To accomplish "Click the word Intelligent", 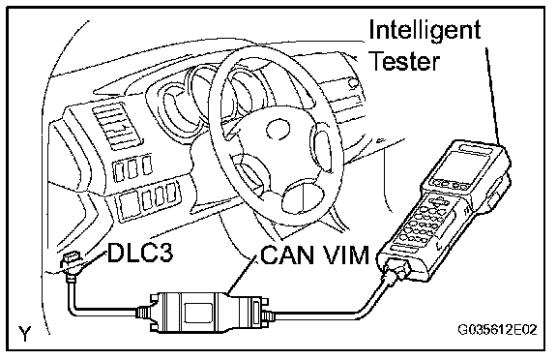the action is [x=425, y=31].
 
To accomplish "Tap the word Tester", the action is [x=405, y=60].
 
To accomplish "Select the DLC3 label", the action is [x=140, y=253].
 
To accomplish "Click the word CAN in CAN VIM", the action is [x=288, y=255].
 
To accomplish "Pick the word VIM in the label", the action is [x=345, y=255].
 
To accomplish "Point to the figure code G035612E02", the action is [x=497, y=330].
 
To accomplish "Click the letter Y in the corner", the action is [x=25, y=334].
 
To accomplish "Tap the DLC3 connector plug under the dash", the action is [x=71, y=263].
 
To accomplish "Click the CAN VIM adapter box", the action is [x=206, y=312].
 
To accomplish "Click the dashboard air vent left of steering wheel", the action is [x=116, y=126].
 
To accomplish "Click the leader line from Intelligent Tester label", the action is [x=493, y=96].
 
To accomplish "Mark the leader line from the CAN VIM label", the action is [x=243, y=276].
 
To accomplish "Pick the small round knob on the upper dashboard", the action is [x=353, y=83].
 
